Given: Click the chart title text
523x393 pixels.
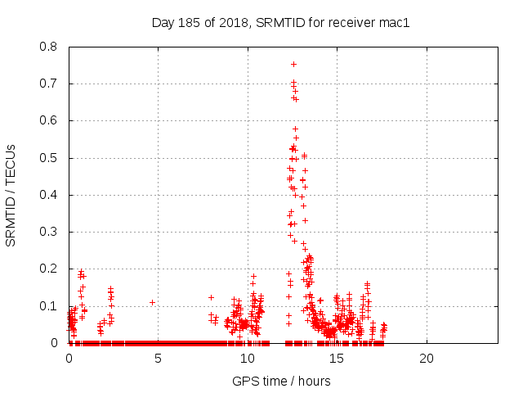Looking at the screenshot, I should pyautogui.click(x=280, y=22).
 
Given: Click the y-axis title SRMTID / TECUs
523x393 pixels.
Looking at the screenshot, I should pyautogui.click(x=11, y=195).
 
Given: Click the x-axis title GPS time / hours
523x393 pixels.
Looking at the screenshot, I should pyautogui.click(x=281, y=381).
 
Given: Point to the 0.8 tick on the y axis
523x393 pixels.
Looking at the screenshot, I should pyautogui.click(x=50, y=47).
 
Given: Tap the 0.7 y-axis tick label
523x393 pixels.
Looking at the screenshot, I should pyautogui.click(x=50, y=84).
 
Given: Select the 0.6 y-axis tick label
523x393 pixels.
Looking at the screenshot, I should pyautogui.click(x=50, y=120).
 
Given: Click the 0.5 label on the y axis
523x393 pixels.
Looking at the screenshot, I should pyautogui.click(x=50, y=158).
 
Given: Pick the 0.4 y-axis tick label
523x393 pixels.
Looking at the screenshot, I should pyautogui.click(x=50, y=195).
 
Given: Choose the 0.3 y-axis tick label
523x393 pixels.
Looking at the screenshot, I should pyautogui.click(x=50, y=232).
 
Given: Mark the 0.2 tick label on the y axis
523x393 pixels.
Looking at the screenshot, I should pyautogui.click(x=50, y=269).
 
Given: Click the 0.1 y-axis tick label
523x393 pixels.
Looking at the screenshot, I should pyautogui.click(x=50, y=306).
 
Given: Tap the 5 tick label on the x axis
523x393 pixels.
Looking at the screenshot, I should pyautogui.click(x=158, y=359).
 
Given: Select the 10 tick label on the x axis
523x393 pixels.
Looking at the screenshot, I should pyautogui.click(x=248, y=359).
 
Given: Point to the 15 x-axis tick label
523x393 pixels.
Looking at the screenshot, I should pyautogui.click(x=337, y=359).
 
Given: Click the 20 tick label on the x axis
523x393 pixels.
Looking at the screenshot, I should pyautogui.click(x=426, y=359).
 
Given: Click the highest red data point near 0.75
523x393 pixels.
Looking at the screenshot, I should pyautogui.click(x=293, y=64).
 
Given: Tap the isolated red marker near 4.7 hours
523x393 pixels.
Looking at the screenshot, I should pyautogui.click(x=152, y=302).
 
